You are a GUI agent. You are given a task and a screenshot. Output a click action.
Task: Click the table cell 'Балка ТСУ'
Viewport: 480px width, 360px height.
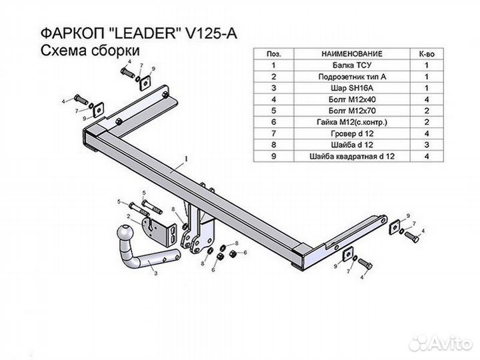(x=351, y=65)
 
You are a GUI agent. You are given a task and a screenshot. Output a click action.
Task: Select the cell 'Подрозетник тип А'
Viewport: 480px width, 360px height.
(x=351, y=77)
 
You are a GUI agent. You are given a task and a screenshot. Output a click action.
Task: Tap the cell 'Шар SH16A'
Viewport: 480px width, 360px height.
(x=351, y=88)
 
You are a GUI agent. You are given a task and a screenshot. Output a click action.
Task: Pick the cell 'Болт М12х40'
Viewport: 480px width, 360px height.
(x=351, y=99)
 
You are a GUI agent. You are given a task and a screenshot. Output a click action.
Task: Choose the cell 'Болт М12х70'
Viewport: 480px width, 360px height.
(x=351, y=111)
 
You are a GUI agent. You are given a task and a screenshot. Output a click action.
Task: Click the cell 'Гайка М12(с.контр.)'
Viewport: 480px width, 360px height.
(x=351, y=122)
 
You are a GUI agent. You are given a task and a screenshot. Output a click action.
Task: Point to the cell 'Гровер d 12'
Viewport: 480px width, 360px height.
(x=351, y=133)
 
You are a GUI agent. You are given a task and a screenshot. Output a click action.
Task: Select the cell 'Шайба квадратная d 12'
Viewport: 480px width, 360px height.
(x=351, y=156)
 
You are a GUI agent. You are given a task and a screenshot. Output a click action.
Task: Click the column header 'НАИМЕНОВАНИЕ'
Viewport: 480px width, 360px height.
(x=351, y=53)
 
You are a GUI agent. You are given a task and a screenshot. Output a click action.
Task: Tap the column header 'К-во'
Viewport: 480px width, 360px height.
(x=427, y=53)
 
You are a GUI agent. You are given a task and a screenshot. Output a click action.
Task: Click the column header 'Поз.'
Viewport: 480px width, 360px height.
(x=273, y=53)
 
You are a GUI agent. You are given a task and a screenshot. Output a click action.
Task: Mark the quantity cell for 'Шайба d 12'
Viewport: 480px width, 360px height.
(x=427, y=145)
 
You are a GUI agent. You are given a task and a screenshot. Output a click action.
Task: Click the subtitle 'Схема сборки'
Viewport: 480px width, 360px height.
(x=84, y=51)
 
